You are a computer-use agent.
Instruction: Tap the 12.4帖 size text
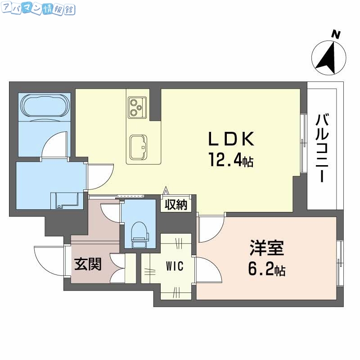(x=230, y=159)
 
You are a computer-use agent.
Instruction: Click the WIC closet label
(x=174, y=266)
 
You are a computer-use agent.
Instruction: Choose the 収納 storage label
(x=175, y=205)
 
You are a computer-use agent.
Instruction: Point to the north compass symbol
(x=329, y=57)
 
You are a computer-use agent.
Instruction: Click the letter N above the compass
(x=335, y=33)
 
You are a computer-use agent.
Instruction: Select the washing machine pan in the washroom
(x=67, y=199)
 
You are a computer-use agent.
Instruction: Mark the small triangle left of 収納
(x=166, y=191)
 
